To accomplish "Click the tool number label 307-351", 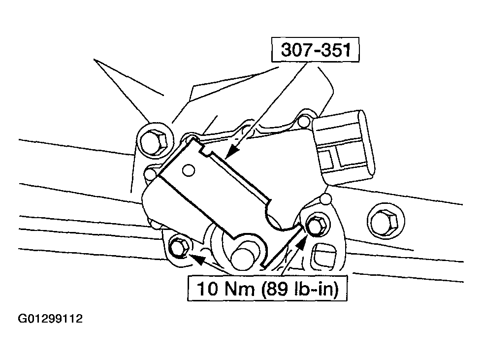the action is pyautogui.click(x=316, y=50).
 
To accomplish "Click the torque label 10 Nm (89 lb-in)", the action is pyautogui.click(x=267, y=289).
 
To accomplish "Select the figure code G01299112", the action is pyautogui.click(x=50, y=319).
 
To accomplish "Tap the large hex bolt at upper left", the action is pyautogui.click(x=154, y=142).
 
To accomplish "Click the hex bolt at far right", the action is pyautogui.click(x=385, y=221).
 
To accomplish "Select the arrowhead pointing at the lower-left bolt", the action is pyautogui.click(x=197, y=258).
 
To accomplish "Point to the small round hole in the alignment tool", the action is pyautogui.click(x=189, y=170).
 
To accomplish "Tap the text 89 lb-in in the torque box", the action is pyautogui.click(x=301, y=289).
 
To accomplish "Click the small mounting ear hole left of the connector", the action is pyautogui.click(x=304, y=121).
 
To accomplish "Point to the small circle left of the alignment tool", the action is pyautogui.click(x=151, y=174).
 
